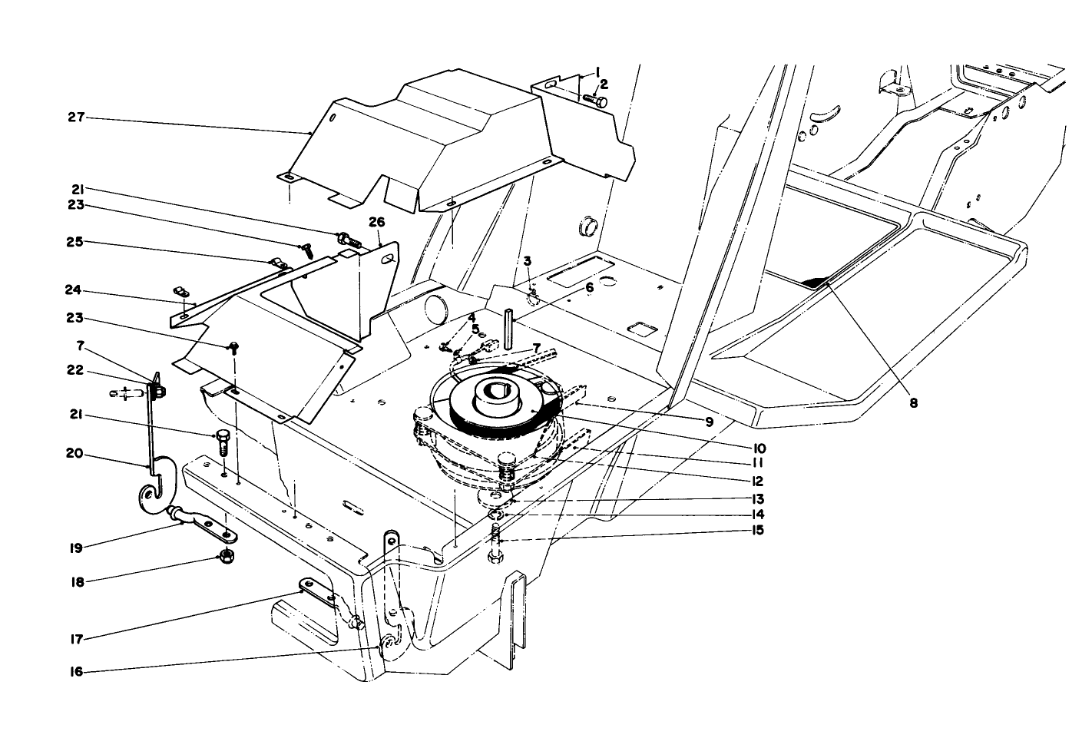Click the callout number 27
pyautogui.click(x=75, y=117)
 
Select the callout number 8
pyautogui.click(x=913, y=401)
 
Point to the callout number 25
pyautogui.click(x=75, y=243)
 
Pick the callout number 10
pyautogui.click(x=759, y=448)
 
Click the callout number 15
pyautogui.click(x=759, y=531)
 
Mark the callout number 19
pyautogui.click(x=75, y=548)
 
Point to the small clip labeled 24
pyautogui.click(x=181, y=292)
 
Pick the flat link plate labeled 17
pyautogui.click(x=316, y=591)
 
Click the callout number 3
pyautogui.click(x=528, y=261)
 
